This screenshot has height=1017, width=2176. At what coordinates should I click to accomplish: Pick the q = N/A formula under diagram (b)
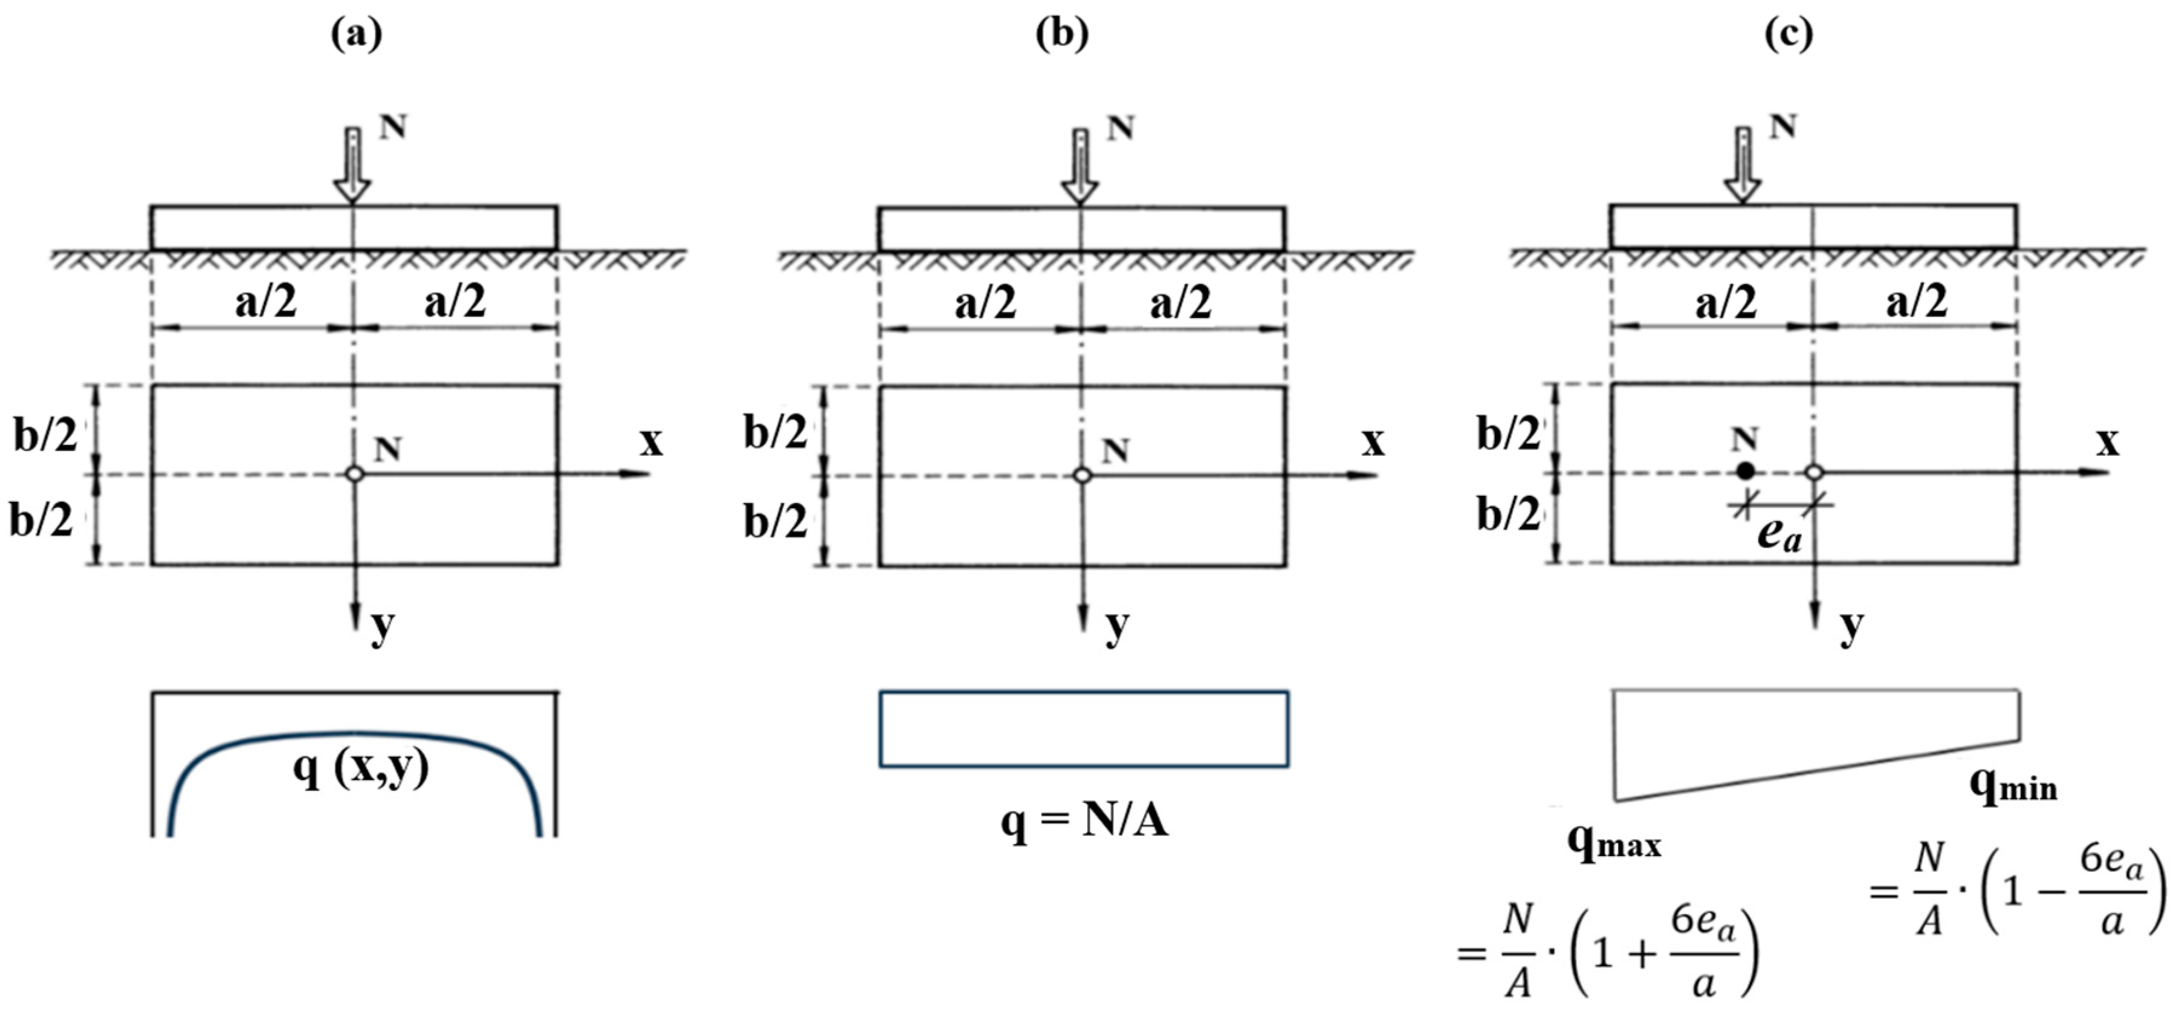[1084, 819]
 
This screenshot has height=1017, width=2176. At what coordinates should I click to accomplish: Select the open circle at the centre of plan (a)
[355, 474]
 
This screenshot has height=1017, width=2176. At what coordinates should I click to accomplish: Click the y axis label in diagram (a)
[383, 626]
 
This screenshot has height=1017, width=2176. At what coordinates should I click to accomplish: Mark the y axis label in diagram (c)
[1851, 626]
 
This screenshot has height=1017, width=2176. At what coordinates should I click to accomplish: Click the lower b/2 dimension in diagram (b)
[775, 522]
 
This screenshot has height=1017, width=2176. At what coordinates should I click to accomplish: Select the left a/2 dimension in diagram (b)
[985, 302]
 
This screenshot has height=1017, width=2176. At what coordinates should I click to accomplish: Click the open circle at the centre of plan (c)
[1813, 472]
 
